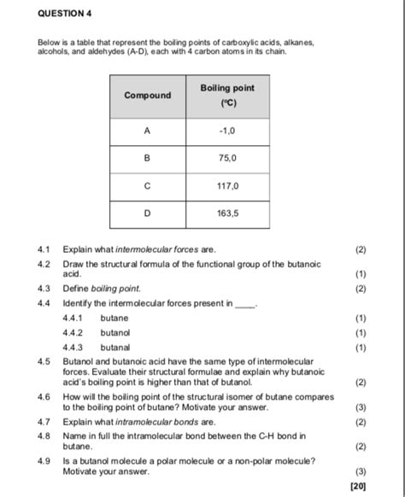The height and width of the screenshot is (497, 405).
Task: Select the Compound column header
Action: coord(147,95)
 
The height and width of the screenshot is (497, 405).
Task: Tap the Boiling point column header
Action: coord(226,96)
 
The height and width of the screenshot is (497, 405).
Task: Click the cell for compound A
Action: coord(147,132)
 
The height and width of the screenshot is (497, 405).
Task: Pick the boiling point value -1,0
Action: coord(226,132)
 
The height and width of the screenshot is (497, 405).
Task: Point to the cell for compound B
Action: coord(147,158)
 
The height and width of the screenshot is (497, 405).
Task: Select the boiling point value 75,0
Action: coord(226,158)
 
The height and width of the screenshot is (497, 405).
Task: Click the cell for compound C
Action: coord(147,184)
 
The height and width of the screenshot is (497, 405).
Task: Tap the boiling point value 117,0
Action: coord(226,184)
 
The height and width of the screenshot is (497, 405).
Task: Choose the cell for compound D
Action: coord(147,212)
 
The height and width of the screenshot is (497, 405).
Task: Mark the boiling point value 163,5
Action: coord(226,212)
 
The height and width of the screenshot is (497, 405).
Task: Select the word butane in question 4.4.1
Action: coord(114,318)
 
